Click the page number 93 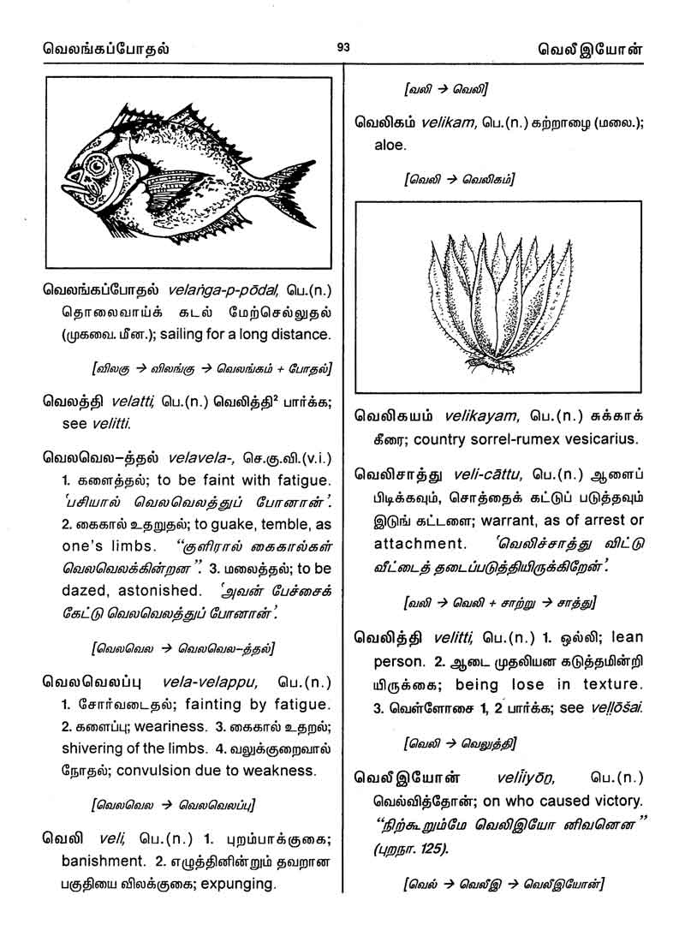click(342, 47)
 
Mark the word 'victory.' click(611, 801)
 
